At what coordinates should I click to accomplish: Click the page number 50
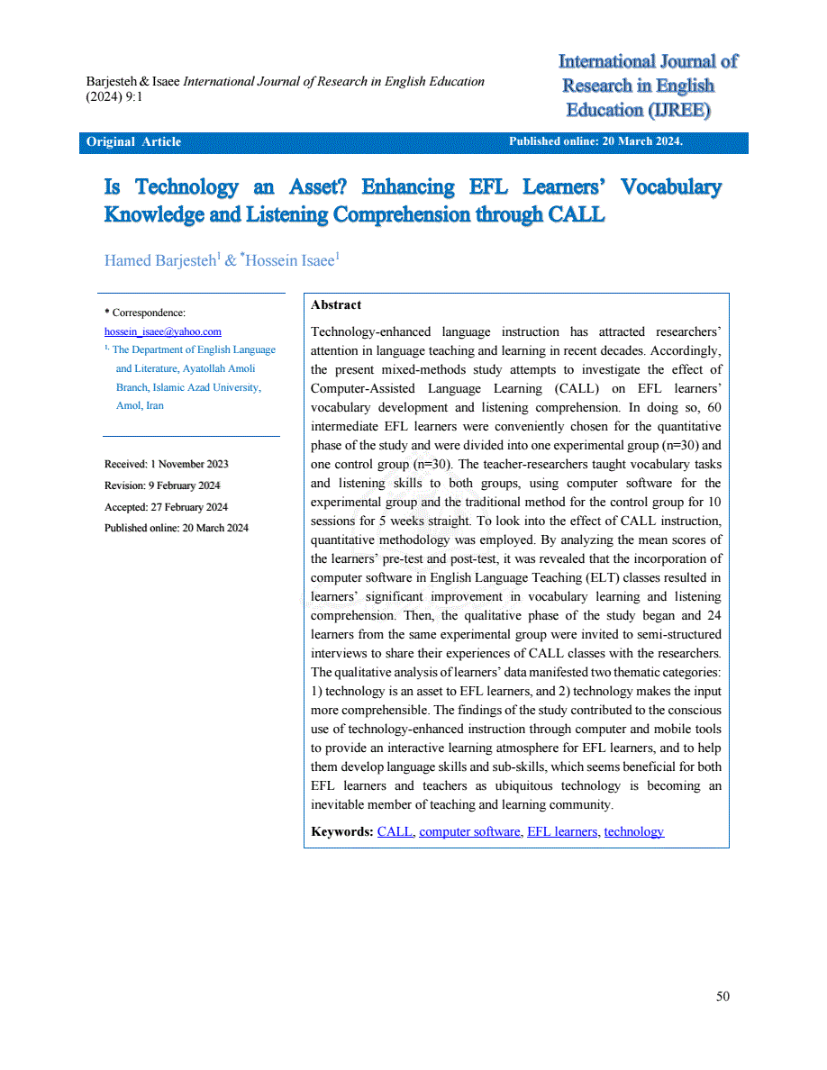click(722, 995)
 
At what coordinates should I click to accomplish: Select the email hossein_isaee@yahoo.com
click(163, 331)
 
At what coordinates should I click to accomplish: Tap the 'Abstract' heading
click(336, 305)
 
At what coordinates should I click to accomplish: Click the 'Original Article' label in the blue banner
click(133, 142)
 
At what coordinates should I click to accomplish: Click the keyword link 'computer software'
click(469, 831)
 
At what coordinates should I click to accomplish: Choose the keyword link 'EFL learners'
click(562, 831)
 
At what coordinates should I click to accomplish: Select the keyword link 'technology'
click(633, 831)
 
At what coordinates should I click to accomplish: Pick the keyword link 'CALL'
click(395, 831)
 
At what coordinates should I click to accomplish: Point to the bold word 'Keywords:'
click(341, 831)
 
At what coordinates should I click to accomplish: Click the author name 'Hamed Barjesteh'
click(159, 261)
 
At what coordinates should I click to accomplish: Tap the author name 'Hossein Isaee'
click(291, 261)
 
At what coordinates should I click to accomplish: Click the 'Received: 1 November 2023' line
click(167, 464)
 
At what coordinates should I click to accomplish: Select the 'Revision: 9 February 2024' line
click(162, 485)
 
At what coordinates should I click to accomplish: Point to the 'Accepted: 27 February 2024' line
click(166, 507)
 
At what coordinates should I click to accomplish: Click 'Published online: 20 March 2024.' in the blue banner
click(595, 141)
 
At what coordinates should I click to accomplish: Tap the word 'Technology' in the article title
click(186, 187)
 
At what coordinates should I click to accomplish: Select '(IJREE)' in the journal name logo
click(678, 110)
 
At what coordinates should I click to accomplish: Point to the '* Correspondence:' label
click(145, 313)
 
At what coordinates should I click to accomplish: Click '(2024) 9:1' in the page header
click(114, 96)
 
